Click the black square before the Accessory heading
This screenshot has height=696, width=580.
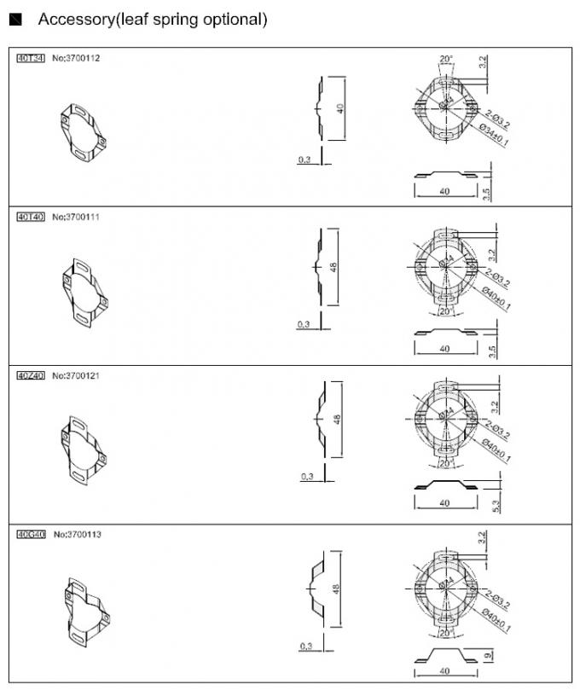(14, 20)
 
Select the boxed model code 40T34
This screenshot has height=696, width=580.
(31, 59)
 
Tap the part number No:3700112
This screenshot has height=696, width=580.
(78, 59)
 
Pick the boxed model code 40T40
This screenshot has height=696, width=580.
(31, 217)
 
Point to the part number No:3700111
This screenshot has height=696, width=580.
(78, 217)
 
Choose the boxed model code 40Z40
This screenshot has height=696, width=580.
(31, 375)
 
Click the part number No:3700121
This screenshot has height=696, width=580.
(78, 375)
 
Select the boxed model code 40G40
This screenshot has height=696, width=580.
(31, 534)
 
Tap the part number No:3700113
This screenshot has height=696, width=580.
(78, 534)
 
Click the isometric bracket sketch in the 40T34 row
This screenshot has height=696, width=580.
(84, 133)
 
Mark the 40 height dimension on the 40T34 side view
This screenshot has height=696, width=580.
(339, 109)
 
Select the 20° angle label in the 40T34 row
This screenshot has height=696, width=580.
(445, 60)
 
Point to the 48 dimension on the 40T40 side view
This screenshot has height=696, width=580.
(335, 266)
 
